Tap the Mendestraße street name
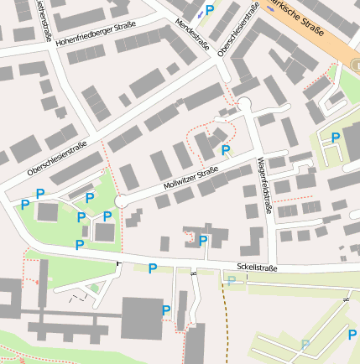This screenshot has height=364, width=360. pyautogui.click(x=193, y=34)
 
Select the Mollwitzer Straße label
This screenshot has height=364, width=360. pyautogui.click(x=191, y=177)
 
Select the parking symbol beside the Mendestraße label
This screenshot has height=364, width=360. pyautogui.click(x=210, y=8)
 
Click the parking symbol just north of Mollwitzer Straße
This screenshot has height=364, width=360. pyautogui.click(x=225, y=150)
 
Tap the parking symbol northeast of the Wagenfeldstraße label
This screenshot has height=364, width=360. pyautogui.click(x=336, y=138)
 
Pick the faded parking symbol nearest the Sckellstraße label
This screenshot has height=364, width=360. pyautogui.click(x=231, y=280)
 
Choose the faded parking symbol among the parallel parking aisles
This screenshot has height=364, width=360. pyautogui.click(x=305, y=345)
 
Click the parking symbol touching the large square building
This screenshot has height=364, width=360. pyautogui.click(x=165, y=309)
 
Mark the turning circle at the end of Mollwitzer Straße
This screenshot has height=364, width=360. pyautogui.click(x=121, y=201)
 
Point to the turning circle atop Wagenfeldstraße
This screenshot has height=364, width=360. pyautogui.click(x=246, y=104)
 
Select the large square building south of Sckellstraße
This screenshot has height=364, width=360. pyautogui.click(x=141, y=318)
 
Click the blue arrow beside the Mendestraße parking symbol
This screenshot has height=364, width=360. pyautogui.click(x=199, y=13)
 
